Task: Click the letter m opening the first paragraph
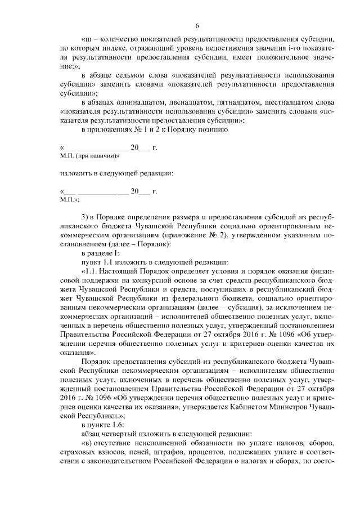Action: point(88,40)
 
